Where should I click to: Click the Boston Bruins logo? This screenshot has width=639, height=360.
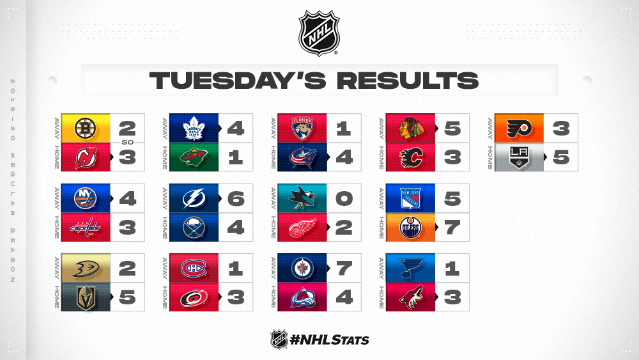(x=85, y=128)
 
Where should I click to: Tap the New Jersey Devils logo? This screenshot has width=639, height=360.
(x=86, y=157)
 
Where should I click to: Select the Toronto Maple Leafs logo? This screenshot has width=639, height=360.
(x=194, y=129)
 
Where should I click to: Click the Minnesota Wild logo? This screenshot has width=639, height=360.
(x=194, y=157)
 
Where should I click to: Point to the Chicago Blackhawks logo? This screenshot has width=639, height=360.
(x=410, y=129)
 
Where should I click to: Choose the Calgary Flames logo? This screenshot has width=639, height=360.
(x=410, y=158)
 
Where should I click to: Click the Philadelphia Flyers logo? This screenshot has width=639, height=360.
(x=519, y=129)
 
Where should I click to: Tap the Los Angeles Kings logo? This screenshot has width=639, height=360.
(x=519, y=158)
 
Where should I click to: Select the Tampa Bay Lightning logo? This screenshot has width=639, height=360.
(x=194, y=199)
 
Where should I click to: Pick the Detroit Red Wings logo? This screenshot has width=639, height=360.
(x=302, y=228)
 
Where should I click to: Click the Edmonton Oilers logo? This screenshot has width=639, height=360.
(x=410, y=228)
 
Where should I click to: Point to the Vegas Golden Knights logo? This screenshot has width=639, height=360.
(x=86, y=297)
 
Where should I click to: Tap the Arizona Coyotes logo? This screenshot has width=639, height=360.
(x=410, y=297)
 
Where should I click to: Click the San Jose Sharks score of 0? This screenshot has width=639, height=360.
(x=344, y=199)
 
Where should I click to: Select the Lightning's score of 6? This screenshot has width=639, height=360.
(x=236, y=199)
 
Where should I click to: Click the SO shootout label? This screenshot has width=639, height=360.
(x=127, y=143)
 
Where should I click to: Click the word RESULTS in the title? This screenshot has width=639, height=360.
(x=408, y=81)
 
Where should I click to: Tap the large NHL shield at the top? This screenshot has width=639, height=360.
(x=319, y=33)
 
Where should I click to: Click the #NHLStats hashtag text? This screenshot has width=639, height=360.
(x=329, y=340)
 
